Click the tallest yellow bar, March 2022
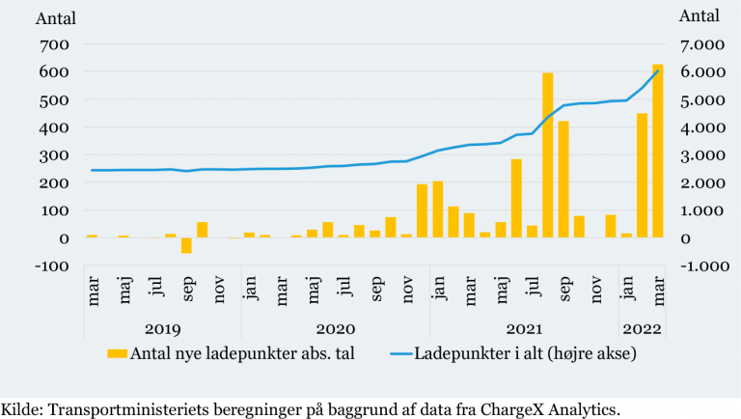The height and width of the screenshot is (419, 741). point(658,151)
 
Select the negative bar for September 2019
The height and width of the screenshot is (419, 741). point(186,245)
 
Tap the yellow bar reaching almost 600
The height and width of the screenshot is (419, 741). point(547,154)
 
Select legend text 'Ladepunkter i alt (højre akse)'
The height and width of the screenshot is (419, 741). point(526,353)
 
